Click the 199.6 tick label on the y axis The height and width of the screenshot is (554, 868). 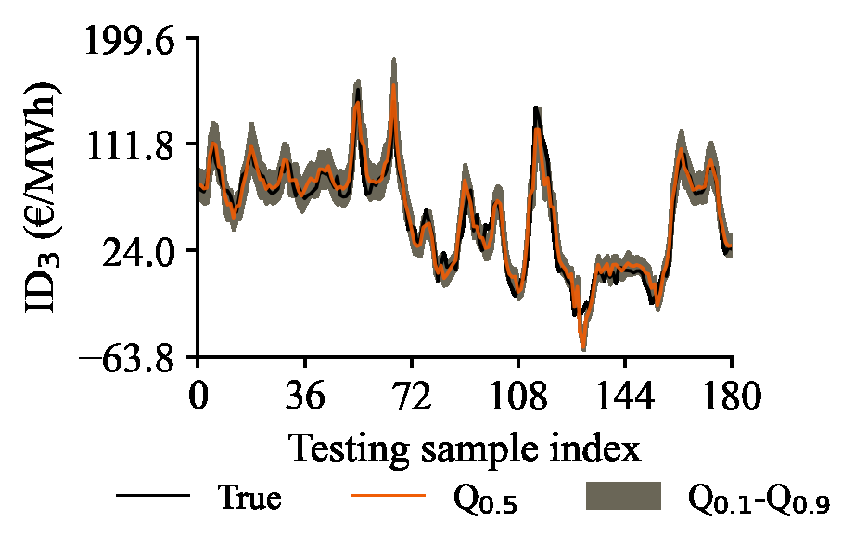[x=135, y=39]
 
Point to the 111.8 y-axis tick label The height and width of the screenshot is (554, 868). [x=135, y=145]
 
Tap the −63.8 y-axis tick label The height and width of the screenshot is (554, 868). [x=130, y=357]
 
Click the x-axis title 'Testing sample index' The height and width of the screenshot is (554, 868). [x=465, y=449]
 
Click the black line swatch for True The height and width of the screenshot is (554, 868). [x=153, y=497]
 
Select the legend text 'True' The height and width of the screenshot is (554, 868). [x=249, y=497]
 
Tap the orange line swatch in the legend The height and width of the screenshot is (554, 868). [x=389, y=497]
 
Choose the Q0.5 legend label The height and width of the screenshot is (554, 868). [x=484, y=500]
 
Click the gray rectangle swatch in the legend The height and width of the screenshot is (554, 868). [x=623, y=497]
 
